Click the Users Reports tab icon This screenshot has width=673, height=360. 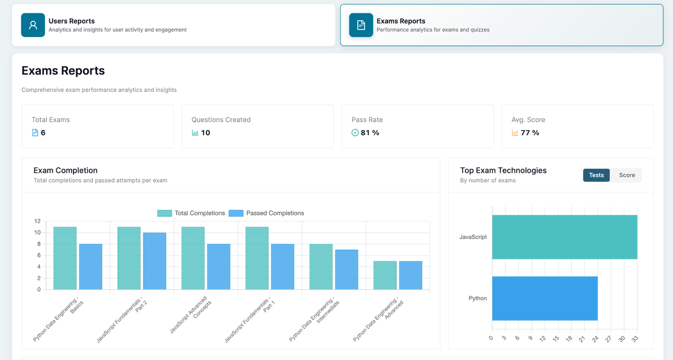click(33, 25)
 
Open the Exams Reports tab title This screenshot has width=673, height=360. click(400, 21)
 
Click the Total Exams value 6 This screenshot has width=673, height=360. click(43, 133)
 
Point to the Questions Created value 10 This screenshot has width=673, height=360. click(205, 133)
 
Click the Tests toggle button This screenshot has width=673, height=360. click(596, 176)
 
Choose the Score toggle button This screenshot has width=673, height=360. click(626, 176)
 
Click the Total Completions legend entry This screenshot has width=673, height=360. click(191, 213)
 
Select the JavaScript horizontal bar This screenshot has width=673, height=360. click(564, 237)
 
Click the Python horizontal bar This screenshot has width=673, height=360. click(545, 298)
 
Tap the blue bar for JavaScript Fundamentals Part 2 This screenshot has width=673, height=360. click(154, 261)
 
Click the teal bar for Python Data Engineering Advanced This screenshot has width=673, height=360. click(385, 275)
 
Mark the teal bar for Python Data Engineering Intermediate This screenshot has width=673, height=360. click(321, 267)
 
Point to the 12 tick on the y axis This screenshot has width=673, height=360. click(37, 221)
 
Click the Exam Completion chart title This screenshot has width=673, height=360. click(65, 170)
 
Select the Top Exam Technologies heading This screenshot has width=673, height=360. click(503, 170)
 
